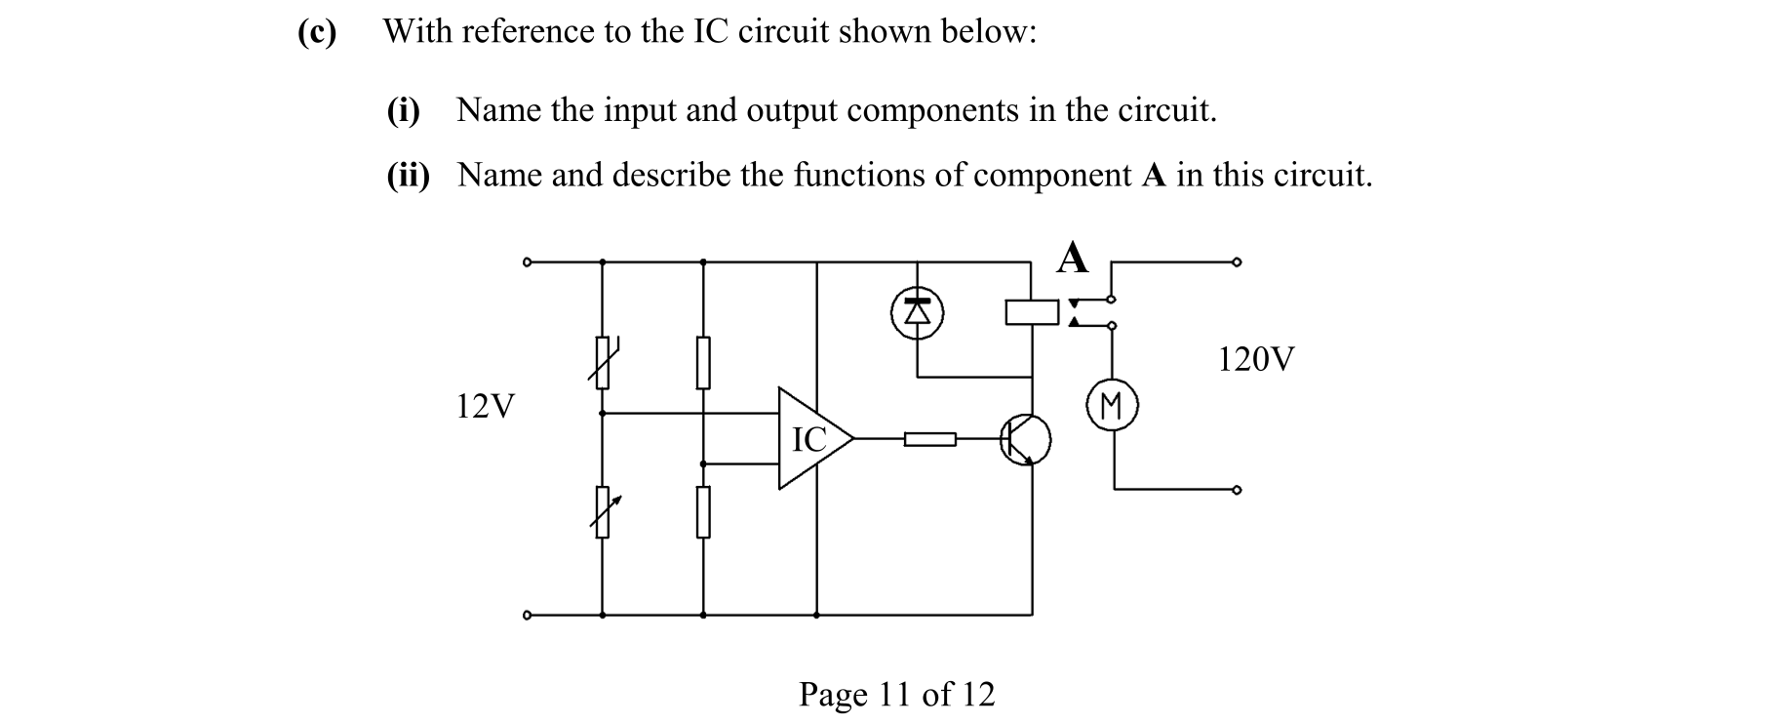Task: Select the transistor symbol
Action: (1025, 439)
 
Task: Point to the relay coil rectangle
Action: (1032, 312)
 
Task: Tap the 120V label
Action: (1255, 360)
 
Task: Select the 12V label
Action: (485, 406)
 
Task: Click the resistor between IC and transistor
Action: (929, 440)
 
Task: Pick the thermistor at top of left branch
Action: (603, 362)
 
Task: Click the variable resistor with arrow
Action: (603, 512)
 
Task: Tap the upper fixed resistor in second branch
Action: (702, 362)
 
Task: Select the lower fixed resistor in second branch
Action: (702, 512)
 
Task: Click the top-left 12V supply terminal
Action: (527, 262)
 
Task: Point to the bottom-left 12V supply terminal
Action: (527, 616)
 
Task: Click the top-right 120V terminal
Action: (1237, 262)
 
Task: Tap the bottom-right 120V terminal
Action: (1237, 490)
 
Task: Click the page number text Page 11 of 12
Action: (896, 695)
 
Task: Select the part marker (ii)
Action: (408, 176)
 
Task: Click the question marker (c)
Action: (317, 32)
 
